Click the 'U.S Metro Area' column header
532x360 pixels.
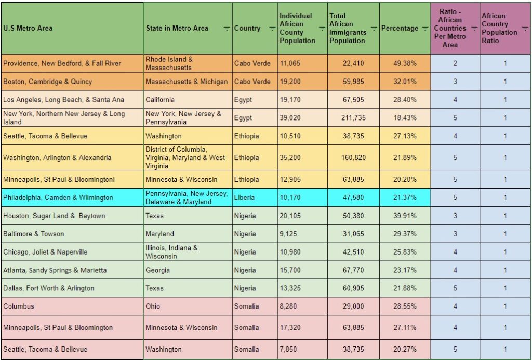pos(28,28)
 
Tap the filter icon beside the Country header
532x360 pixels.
pos(272,29)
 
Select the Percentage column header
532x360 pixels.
pos(400,28)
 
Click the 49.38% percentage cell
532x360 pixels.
pos(405,63)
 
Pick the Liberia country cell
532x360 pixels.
pos(246,197)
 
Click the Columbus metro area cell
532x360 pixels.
pos(19,306)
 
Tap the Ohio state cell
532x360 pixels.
pos(153,306)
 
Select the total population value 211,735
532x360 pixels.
pos(353,118)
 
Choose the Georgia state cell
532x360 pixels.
pos(157,270)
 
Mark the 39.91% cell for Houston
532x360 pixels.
pos(405,216)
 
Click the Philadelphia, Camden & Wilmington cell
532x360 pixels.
pos(58,197)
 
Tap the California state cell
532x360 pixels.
pos(160,99)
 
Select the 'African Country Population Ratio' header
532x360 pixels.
pos(499,28)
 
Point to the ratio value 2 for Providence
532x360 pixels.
pos(455,63)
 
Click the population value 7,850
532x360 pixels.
pos(288,349)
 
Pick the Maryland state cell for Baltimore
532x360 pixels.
pos(159,234)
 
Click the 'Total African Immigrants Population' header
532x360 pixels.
pos(349,28)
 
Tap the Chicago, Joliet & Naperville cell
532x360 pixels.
pos(45,252)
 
